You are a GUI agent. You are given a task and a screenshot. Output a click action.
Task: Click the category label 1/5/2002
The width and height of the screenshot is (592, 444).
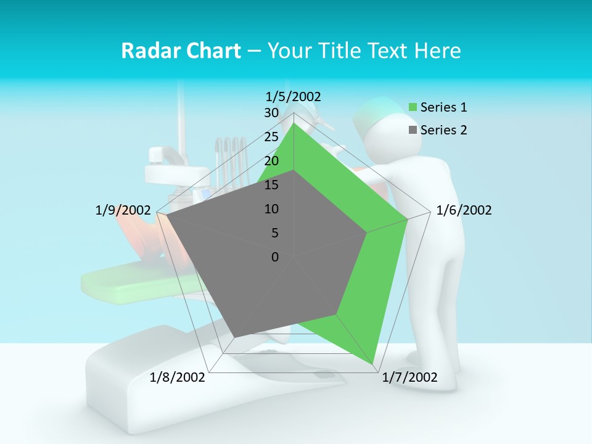(x=294, y=96)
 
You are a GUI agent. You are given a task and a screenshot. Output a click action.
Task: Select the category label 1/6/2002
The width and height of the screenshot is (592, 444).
(x=464, y=210)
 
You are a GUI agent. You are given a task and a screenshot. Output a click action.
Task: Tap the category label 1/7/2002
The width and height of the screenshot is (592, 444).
(x=409, y=377)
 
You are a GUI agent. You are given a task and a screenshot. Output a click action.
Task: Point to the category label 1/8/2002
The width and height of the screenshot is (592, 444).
(x=178, y=377)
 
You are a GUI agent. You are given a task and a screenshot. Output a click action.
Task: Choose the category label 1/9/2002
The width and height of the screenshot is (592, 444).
(x=123, y=210)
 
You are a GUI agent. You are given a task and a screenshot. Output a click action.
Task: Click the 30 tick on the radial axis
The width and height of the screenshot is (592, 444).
(x=271, y=113)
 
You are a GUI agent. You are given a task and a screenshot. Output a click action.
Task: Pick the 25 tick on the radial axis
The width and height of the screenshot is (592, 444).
(x=271, y=137)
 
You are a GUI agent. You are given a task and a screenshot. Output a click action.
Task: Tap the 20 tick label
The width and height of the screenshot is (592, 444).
(x=271, y=161)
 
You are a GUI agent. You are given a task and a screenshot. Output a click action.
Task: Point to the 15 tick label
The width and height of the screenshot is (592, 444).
(x=271, y=185)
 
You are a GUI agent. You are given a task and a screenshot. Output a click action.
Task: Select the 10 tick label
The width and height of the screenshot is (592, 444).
(x=271, y=209)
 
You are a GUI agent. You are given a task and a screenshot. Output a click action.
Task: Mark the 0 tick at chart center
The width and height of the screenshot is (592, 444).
(x=275, y=257)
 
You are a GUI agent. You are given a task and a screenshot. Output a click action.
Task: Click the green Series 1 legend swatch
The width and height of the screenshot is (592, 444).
(x=413, y=107)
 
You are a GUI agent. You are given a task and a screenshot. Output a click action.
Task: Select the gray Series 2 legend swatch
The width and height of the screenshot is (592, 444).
(x=413, y=130)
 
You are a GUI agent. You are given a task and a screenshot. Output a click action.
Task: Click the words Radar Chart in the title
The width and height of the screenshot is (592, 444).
(x=181, y=51)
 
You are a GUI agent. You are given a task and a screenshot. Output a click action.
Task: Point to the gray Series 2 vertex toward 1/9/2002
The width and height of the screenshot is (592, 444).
(x=166, y=215)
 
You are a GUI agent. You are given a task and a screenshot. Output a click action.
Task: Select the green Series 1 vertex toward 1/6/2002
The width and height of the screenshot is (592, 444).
(x=408, y=219)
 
